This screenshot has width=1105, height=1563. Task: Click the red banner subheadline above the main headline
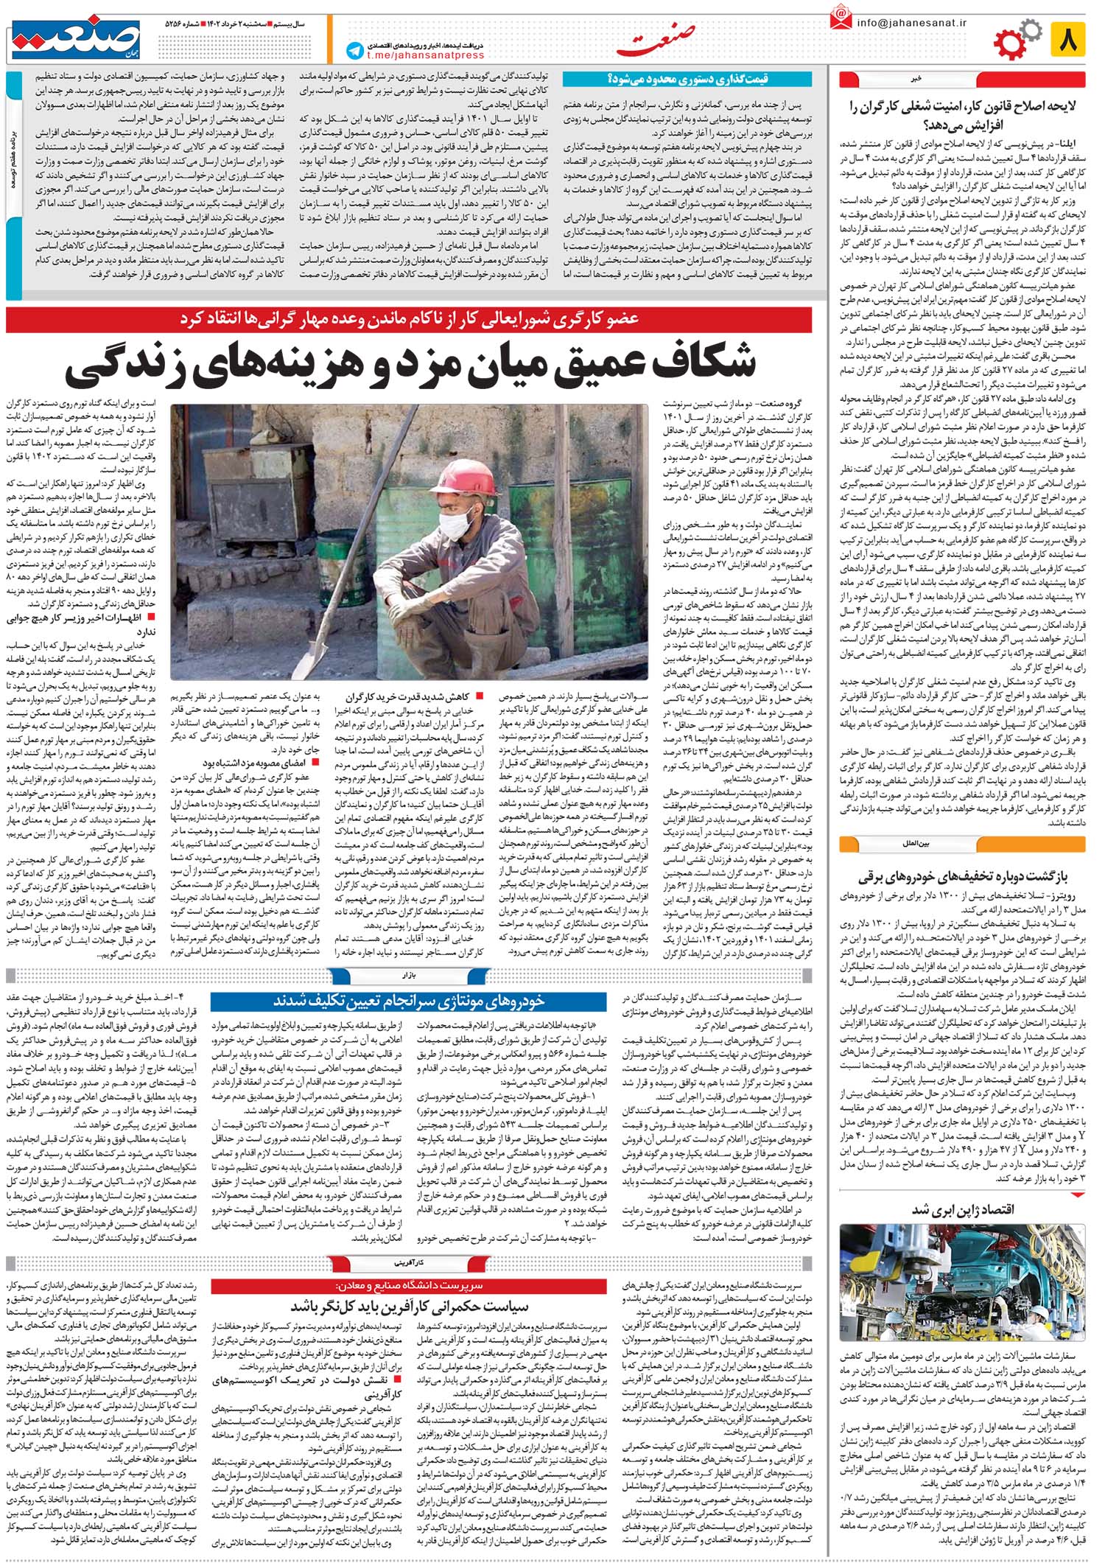coord(420,319)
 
